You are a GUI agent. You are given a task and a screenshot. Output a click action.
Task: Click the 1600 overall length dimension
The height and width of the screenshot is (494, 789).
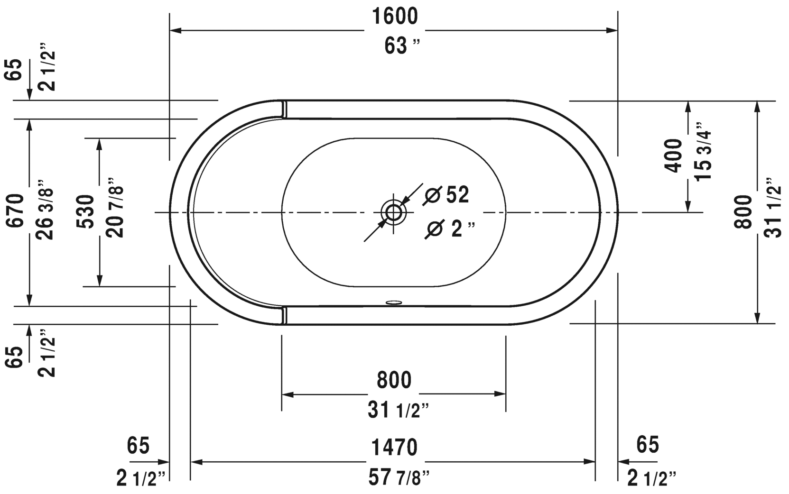point(394,17)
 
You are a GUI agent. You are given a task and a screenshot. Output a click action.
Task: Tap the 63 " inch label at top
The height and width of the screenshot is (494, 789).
point(402,46)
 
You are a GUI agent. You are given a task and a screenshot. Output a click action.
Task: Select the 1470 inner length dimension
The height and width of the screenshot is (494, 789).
point(394,447)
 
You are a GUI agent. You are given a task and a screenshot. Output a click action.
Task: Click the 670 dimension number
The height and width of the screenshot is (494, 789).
point(15,211)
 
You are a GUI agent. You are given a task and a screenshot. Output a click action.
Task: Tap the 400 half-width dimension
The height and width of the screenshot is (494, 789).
point(673,156)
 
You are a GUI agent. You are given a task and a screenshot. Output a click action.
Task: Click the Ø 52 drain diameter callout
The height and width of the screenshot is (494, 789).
point(447,195)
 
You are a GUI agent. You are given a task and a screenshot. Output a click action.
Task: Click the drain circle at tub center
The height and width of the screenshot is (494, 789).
point(393,212)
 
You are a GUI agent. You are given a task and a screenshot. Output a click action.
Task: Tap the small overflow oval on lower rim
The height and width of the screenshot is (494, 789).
point(393,301)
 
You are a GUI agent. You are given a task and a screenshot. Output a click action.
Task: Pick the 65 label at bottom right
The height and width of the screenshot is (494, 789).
point(648,445)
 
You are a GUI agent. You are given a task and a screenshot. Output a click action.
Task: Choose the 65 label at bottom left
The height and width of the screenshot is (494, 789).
point(138,445)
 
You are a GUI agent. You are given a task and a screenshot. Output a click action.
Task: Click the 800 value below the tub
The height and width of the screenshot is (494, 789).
point(394,380)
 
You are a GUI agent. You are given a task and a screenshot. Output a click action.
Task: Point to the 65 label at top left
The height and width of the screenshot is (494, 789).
point(15,70)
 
